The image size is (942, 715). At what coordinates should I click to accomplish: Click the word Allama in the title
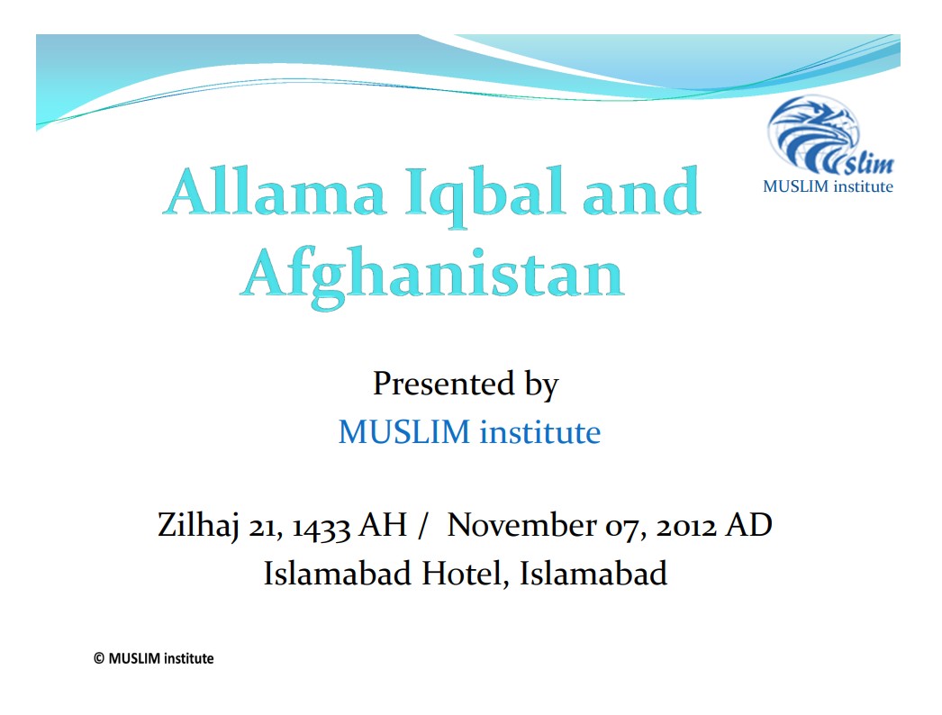[x=274, y=192]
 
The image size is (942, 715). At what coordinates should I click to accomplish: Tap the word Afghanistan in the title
[x=432, y=276]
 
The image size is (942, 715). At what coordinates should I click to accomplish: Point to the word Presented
[x=444, y=384]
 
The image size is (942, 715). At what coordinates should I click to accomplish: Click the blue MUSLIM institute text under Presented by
[x=469, y=432]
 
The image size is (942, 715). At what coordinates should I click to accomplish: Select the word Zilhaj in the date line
[x=198, y=526]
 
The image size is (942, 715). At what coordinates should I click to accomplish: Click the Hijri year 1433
[x=322, y=527]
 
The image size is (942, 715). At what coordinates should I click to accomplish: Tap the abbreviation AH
[x=383, y=525]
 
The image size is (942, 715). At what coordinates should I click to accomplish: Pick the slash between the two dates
[x=423, y=526]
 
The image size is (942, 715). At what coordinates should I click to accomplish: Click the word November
[x=521, y=525]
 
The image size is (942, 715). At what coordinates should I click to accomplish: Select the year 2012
[x=686, y=526]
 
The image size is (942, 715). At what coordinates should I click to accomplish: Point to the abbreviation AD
[x=748, y=525]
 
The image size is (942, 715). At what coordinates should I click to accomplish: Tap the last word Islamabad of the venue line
[x=593, y=574]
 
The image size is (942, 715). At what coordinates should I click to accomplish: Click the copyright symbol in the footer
[x=99, y=658]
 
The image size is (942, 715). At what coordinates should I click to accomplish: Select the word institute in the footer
[x=188, y=658]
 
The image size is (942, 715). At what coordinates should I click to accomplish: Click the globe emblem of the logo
[x=814, y=133]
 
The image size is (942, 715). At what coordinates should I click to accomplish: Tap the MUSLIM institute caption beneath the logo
[x=828, y=186]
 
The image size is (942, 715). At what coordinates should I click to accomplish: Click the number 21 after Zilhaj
[x=266, y=528]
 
